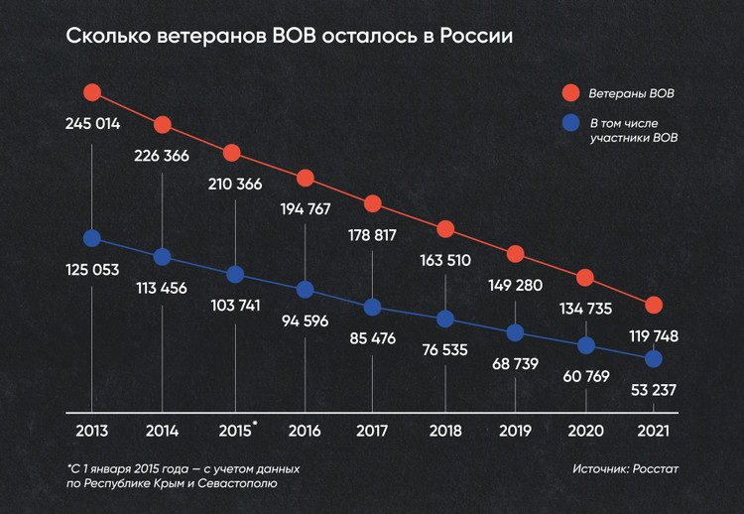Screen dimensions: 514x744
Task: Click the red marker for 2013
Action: pos(92,92)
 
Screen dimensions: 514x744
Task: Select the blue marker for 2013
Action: pos(92,238)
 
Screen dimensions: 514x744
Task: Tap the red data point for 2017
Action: pos(372,203)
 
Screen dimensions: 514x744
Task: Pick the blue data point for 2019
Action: pos(515,333)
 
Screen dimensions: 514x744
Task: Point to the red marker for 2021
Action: pos(654,305)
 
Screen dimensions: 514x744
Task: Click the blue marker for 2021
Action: pos(654,357)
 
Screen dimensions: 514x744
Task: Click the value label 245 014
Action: pos(92,125)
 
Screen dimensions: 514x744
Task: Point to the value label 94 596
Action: pos(305,321)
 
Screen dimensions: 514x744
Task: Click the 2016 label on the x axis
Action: pos(305,431)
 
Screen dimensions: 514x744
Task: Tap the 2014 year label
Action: pos(162,431)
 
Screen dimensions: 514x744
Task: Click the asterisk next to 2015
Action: pos(255,424)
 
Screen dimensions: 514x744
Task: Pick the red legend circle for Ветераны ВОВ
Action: pos(570,94)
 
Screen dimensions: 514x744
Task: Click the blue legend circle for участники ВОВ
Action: pos(570,124)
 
